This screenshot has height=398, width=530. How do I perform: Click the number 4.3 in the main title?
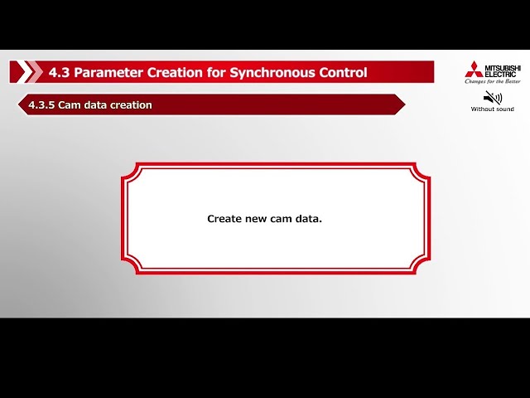point(59,72)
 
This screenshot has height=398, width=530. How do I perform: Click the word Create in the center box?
point(224,219)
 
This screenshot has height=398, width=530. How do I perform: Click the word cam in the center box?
point(281,219)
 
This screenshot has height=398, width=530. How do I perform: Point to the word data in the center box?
point(308,219)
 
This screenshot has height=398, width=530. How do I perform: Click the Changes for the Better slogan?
point(493,81)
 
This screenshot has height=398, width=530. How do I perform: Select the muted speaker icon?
point(493,97)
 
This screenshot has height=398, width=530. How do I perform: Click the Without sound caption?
point(493,109)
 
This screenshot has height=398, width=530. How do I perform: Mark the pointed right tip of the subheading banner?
point(403,104)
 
